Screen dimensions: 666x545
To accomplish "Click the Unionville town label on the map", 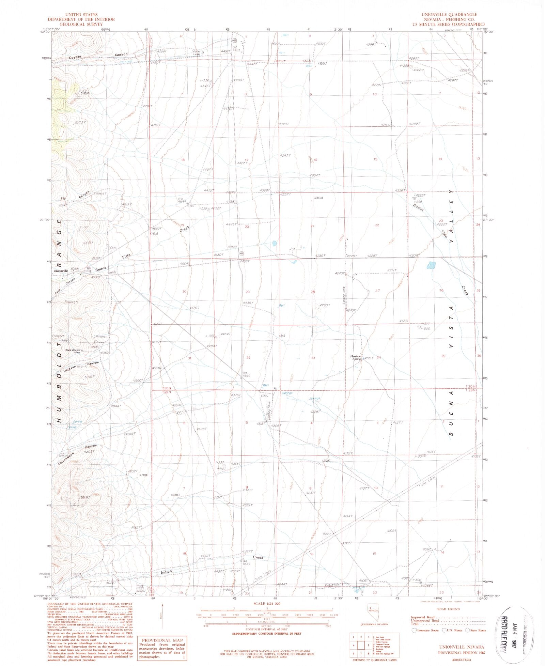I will pyautogui.click(x=61, y=271).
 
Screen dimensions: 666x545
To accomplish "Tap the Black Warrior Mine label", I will pyautogui.click(x=73, y=351).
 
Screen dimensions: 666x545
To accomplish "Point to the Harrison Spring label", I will pyautogui.click(x=356, y=358).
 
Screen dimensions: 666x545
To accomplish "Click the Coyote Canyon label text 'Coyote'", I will pyautogui.click(x=75, y=57).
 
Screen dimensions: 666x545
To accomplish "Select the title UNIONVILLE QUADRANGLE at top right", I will pyautogui.click(x=449, y=15).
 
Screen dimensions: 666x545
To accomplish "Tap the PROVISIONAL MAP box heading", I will pyautogui.click(x=162, y=640).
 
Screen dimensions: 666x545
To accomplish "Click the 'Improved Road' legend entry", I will pyautogui.click(x=422, y=617).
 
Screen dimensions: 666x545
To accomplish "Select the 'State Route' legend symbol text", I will pyautogui.click(x=478, y=631).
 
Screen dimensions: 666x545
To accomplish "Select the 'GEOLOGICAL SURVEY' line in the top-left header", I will pyautogui.click(x=81, y=25).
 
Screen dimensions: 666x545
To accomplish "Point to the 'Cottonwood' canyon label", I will pyautogui.click(x=66, y=458).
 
